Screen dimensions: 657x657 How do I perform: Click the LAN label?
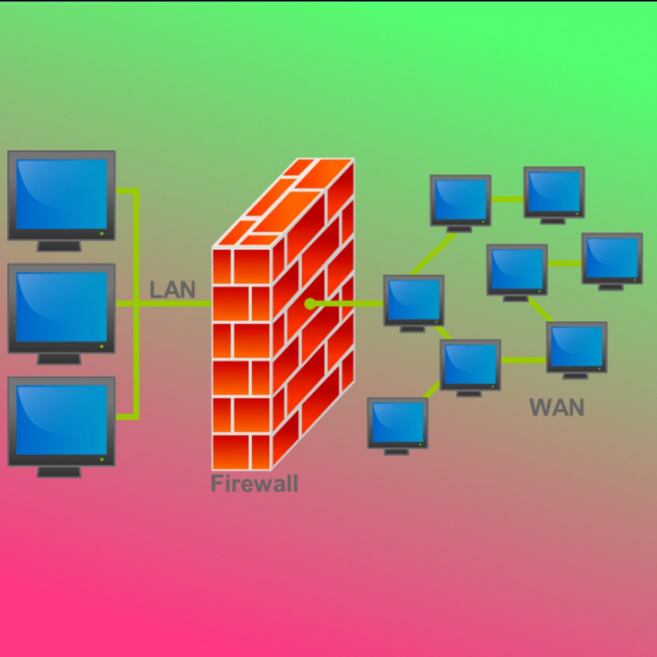click(173, 290)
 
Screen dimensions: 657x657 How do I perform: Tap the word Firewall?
click(254, 484)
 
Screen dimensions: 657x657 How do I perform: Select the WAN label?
click(557, 407)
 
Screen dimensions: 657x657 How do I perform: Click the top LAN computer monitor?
click(61, 195)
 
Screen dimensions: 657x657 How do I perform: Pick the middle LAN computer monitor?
click(61, 308)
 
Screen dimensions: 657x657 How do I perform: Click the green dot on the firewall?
click(310, 303)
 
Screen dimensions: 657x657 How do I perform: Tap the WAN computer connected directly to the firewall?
click(414, 300)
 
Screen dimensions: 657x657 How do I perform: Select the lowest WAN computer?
click(398, 422)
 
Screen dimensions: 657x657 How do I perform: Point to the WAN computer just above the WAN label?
click(577, 347)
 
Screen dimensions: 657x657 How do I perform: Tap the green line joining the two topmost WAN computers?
click(507, 199)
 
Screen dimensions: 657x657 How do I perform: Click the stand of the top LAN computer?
click(59, 246)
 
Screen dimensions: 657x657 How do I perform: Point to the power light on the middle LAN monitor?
click(102, 347)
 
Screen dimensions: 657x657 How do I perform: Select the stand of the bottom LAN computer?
click(59, 472)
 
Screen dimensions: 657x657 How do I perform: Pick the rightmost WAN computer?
click(612, 258)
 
